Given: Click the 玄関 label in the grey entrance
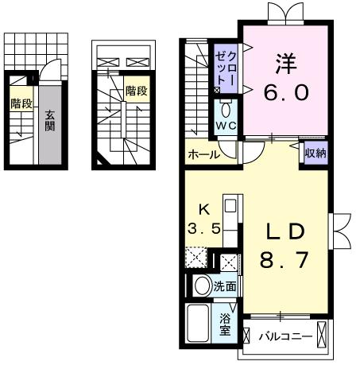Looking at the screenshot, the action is coord(49,121).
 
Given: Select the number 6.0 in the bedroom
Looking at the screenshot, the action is coord(286,92).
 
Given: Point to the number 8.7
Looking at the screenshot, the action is coord(285,260).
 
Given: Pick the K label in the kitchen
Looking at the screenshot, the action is coord(204,210).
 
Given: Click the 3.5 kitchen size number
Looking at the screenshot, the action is coord(204,228).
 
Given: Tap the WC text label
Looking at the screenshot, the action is coord(226,126).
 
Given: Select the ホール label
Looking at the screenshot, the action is coord(204,154).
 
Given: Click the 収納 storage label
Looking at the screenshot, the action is coord(315,153).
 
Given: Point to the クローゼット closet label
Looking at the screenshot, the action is coord(226,68).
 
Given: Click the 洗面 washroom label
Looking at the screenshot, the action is coord(225,286).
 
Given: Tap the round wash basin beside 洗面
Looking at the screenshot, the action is coord(203,286).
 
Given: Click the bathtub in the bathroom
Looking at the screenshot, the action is coord(198,323).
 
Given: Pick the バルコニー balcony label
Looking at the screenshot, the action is coord(285,337).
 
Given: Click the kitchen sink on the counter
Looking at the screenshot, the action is coord(230,206).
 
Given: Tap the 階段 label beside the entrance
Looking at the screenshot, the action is coord(21,103).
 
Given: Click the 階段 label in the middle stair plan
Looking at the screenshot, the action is coord(137,91).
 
